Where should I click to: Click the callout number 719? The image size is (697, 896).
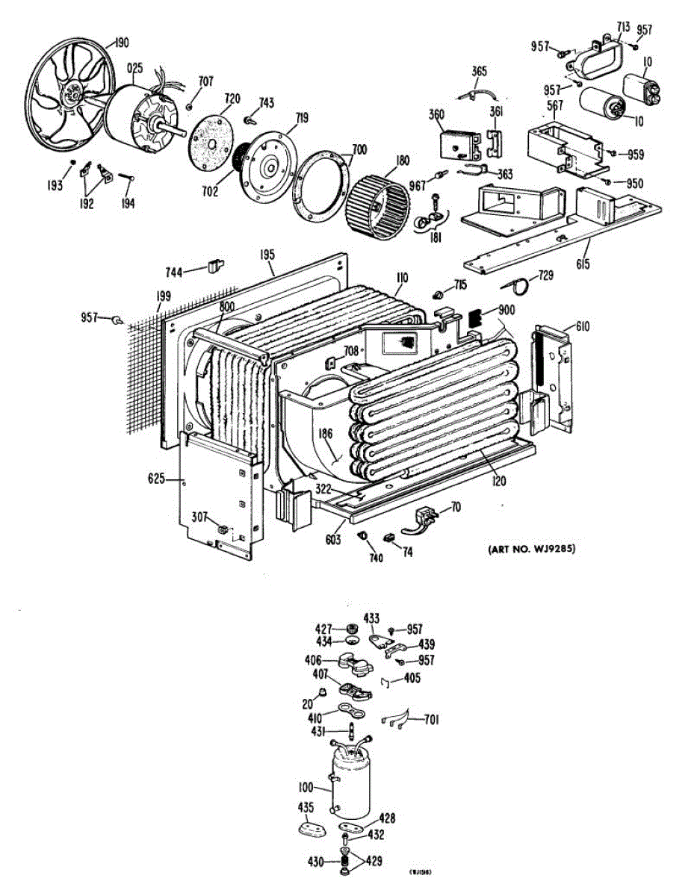point(301,117)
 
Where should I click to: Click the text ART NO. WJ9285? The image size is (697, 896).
point(532,550)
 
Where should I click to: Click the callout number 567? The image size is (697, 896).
point(554,106)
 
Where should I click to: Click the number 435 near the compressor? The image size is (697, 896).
point(307,808)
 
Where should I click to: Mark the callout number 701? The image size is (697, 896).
point(431,720)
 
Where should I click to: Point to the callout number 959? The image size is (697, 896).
point(636,154)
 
